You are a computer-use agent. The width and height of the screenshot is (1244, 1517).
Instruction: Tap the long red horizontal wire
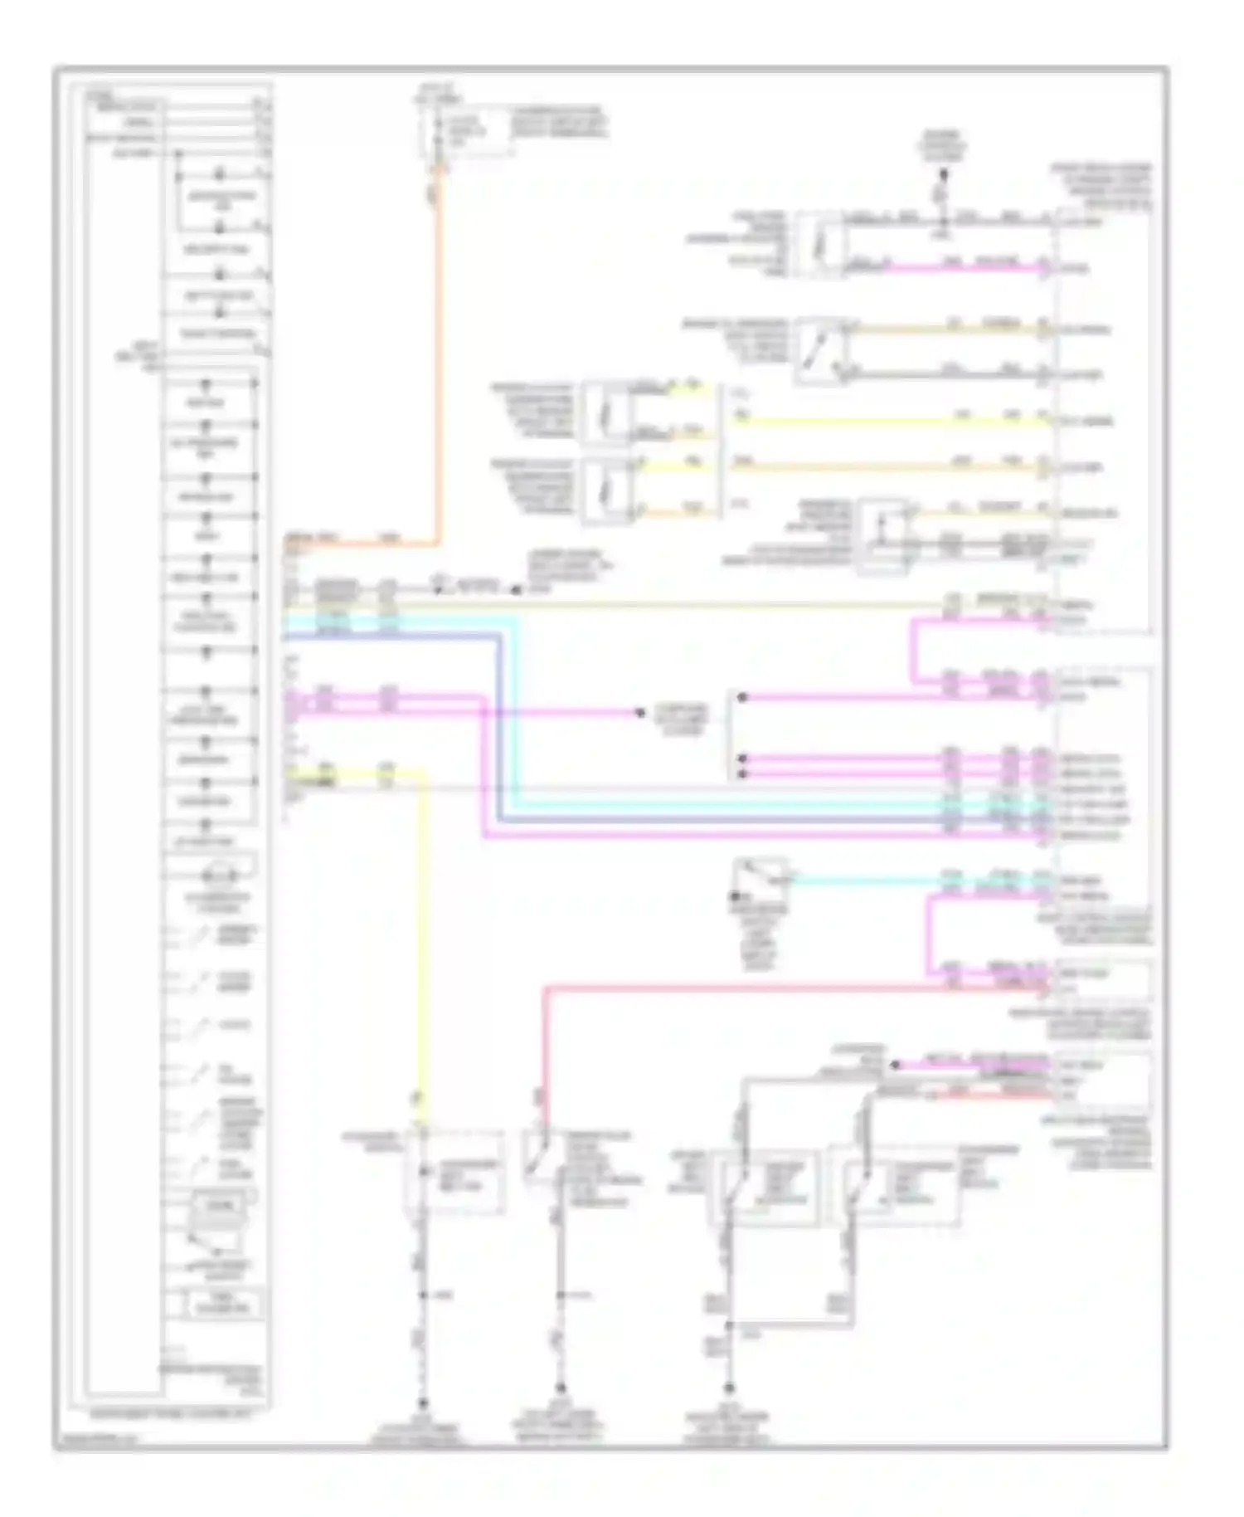click(x=746, y=988)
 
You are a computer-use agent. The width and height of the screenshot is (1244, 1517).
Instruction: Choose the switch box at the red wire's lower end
click(x=542, y=1158)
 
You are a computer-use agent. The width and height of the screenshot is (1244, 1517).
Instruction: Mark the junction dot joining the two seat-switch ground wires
click(x=730, y=1326)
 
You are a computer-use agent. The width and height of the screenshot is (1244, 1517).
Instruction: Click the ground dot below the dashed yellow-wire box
click(x=422, y=1402)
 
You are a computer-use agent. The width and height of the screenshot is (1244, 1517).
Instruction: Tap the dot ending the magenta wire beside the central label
click(x=639, y=712)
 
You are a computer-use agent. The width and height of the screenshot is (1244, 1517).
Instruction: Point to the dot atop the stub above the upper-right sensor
click(x=943, y=174)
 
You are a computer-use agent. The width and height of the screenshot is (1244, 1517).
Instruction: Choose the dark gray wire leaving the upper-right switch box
click(x=945, y=375)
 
